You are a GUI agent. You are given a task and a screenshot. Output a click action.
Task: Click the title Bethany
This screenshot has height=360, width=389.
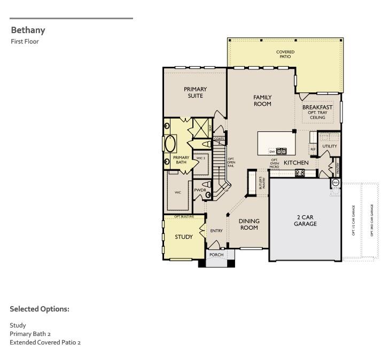coord(28,30)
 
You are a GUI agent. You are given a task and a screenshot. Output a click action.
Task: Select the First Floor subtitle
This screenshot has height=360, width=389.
coord(25,42)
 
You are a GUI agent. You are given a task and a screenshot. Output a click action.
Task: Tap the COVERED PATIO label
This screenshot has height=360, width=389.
coord(285,54)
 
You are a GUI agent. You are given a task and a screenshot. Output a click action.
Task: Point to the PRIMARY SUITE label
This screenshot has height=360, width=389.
coord(195,92)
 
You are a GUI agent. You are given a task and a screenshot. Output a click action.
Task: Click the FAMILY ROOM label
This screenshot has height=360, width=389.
coord(262,100)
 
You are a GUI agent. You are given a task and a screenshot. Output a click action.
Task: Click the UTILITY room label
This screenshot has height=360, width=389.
coord(330,146)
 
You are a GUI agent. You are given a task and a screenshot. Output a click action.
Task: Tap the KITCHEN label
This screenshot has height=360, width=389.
coord(296,162)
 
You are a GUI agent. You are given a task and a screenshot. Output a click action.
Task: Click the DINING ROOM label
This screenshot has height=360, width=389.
coord(248,224)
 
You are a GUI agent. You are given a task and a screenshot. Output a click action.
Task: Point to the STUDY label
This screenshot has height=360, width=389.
coord(184,237)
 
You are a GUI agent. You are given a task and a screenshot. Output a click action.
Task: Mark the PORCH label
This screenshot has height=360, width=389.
coord(216,255)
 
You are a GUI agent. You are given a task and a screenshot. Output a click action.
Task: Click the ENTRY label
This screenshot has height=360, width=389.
coord(216,231)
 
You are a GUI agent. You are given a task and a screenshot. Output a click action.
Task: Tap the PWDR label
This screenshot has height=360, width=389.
coord(200,190)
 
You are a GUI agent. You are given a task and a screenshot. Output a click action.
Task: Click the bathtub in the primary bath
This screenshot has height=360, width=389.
coord(170,144)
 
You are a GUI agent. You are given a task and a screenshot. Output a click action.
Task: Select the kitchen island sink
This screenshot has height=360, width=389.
coord(281,152)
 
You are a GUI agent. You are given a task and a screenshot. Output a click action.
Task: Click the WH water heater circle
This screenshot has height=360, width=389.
coord(336,183)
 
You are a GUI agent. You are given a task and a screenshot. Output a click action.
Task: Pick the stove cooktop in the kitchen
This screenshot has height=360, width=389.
coord(300,172)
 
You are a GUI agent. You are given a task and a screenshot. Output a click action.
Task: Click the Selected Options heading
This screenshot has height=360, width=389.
coord(40,309)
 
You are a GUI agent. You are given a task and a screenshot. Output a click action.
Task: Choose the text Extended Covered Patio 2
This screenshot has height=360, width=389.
coord(45,342)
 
